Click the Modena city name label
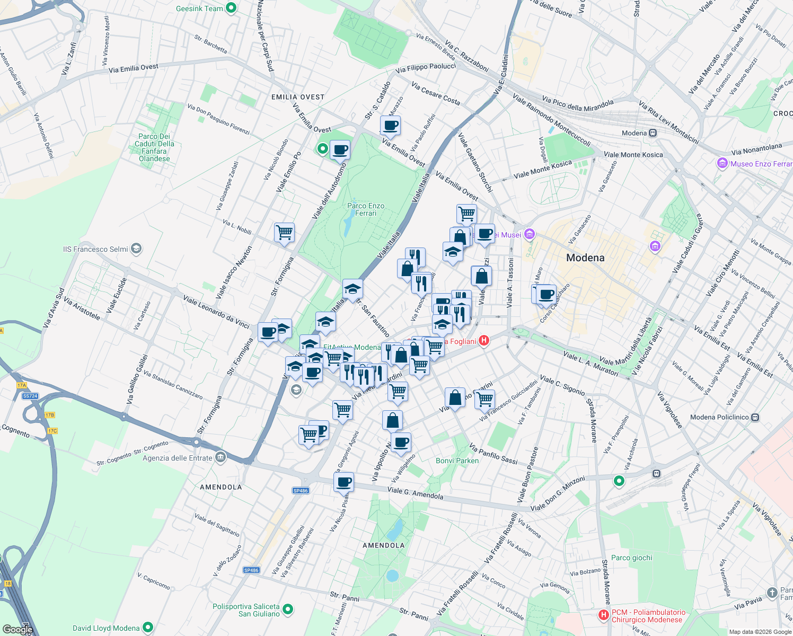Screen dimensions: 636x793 [x=585, y=258]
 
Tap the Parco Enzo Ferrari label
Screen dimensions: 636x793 [x=366, y=209]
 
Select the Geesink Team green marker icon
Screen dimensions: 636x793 [x=231, y=8]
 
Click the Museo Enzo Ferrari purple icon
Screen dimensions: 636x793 [x=722, y=164]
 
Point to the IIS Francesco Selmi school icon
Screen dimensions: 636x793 [x=136, y=249]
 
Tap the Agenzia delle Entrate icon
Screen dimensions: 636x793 [x=221, y=457]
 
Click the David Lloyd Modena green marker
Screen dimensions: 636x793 [x=148, y=628]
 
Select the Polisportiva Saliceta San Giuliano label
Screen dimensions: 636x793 [x=246, y=610]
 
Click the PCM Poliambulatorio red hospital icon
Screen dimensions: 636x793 [x=603, y=615]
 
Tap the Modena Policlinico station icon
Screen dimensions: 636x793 [x=755, y=417]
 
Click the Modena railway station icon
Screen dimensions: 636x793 [x=653, y=133]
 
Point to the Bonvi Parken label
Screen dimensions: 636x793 [x=457, y=461]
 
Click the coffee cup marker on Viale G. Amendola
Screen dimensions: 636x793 [x=343, y=483]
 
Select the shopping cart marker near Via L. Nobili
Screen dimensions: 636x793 [x=285, y=233]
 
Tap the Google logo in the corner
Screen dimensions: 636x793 [x=17, y=629]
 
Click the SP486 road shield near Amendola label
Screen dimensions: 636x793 [x=300, y=491]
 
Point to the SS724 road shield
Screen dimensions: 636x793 [x=30, y=396]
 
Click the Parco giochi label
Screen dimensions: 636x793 [x=631, y=558]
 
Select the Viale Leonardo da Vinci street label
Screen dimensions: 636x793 [x=216, y=312]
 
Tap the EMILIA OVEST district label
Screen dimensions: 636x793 [x=297, y=97]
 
